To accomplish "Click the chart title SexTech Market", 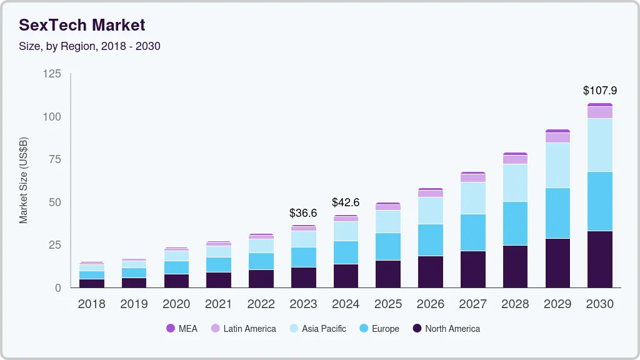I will [x=82, y=25].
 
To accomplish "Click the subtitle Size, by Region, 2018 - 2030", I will [x=89, y=46].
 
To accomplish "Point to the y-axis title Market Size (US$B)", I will [x=24, y=180].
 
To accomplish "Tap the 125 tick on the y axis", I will [x=52, y=74].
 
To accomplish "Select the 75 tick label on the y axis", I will [x=54, y=159].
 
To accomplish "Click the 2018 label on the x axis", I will [x=91, y=304].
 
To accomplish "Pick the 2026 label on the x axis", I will [x=430, y=304].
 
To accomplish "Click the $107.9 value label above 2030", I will [x=599, y=91].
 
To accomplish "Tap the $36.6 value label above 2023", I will [x=303, y=213].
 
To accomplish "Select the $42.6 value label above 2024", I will [x=346, y=202].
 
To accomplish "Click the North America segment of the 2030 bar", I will [x=599, y=259].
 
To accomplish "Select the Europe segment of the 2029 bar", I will [x=557, y=213].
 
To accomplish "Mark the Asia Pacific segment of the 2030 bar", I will [x=599, y=145].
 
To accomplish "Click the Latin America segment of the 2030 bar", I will [x=599, y=112].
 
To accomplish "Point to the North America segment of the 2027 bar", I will [x=472, y=269].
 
